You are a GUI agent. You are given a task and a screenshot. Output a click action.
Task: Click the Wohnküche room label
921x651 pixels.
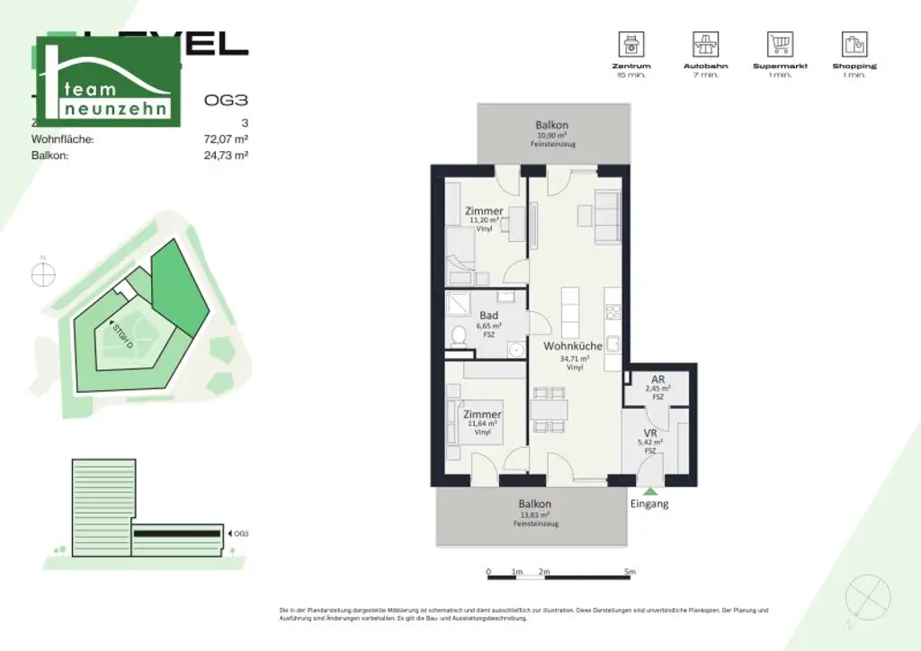[572, 346]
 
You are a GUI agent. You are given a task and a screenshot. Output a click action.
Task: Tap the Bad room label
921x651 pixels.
[488, 316]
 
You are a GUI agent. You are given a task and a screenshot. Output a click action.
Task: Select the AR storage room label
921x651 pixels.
[657, 379]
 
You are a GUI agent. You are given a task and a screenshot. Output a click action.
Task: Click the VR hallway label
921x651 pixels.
[651, 433]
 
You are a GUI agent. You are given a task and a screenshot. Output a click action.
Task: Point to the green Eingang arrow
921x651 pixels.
[649, 491]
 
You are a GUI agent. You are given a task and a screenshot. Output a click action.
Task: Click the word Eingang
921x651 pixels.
[649, 504]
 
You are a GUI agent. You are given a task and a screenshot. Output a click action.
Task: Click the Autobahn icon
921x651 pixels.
[704, 44]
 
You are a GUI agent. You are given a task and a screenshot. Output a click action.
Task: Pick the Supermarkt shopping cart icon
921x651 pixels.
[779, 44]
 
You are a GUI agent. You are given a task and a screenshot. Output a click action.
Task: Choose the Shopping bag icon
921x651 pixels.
[854, 44]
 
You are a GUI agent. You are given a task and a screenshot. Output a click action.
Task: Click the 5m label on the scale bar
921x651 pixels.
[630, 572]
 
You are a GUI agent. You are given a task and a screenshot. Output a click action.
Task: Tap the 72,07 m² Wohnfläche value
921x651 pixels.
[226, 139]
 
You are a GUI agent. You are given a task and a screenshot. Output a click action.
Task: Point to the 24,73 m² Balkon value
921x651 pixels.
[226, 155]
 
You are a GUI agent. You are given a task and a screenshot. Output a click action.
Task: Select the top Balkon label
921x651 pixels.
[551, 125]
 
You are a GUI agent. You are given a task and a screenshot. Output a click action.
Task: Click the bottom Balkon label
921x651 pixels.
[534, 504]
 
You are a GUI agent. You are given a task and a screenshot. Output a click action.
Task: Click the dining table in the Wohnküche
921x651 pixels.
[549, 412]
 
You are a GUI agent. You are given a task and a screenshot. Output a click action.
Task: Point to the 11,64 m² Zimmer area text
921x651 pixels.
[483, 424]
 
